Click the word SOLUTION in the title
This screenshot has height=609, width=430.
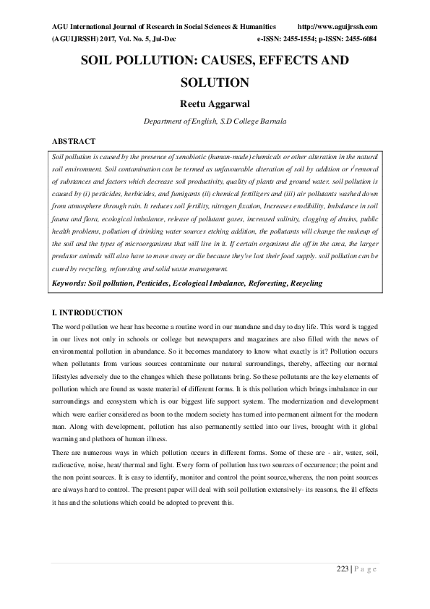[215, 82]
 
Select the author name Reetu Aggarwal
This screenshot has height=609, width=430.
[215, 104]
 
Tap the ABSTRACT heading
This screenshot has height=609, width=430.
[74, 141]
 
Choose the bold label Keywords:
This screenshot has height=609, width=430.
[70, 283]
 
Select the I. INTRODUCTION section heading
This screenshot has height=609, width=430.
[87, 312]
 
